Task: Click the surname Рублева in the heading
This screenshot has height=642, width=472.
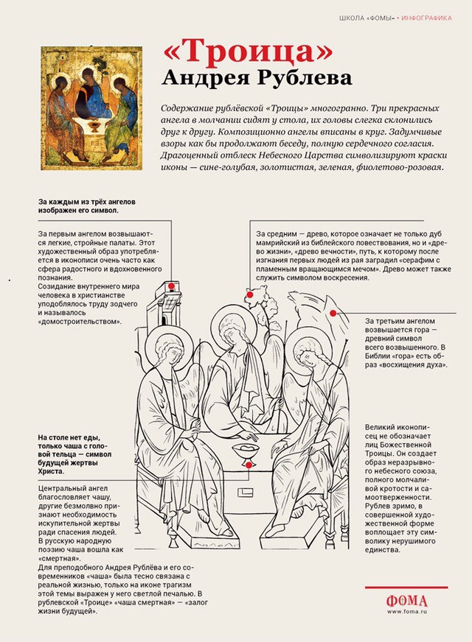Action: (x=292, y=77)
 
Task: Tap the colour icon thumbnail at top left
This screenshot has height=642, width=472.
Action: (x=91, y=107)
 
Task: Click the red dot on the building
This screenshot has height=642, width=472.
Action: (x=171, y=285)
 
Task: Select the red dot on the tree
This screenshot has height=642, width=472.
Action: (x=250, y=294)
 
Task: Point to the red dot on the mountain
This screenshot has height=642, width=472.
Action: (x=333, y=313)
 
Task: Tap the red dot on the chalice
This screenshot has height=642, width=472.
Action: (x=249, y=465)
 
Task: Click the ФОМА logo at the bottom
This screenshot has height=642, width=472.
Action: (x=406, y=599)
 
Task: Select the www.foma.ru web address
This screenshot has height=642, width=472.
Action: (x=406, y=611)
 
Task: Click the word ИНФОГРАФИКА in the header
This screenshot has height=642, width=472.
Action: (x=427, y=17)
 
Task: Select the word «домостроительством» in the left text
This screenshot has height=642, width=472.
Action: (x=79, y=322)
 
